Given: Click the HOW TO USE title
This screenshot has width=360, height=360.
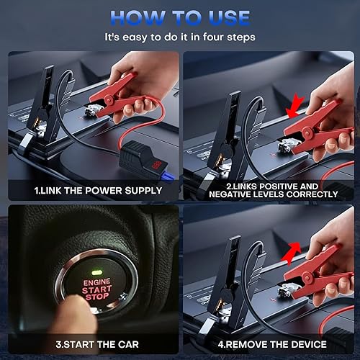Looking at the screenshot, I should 180,18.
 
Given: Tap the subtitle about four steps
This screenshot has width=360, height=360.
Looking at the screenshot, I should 180,37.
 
